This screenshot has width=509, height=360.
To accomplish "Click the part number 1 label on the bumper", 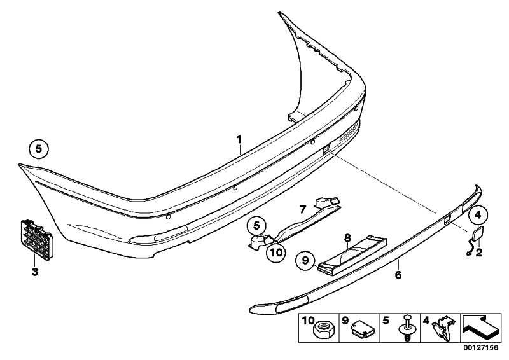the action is (239, 140).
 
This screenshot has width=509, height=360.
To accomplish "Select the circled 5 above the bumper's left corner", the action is (39, 149).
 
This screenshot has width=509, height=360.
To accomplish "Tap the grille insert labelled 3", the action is (37, 240).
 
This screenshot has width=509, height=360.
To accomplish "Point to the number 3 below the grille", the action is (35, 272).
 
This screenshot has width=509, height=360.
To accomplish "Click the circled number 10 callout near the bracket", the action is (276, 252).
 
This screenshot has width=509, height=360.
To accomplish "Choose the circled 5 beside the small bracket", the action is (256, 226).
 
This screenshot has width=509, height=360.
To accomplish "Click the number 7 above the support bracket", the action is (303, 209).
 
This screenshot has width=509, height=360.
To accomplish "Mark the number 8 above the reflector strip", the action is (347, 238).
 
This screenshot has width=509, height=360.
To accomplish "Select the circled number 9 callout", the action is (305, 260).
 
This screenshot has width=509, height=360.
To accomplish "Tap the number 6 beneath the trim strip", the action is (398, 275).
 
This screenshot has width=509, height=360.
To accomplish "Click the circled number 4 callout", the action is (478, 214).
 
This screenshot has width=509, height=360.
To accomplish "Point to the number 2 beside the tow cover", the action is (479, 253).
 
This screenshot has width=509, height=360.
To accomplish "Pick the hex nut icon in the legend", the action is (320, 331).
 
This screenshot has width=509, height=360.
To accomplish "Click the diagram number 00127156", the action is (480, 348).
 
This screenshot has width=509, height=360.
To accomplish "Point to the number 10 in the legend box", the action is (308, 321).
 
